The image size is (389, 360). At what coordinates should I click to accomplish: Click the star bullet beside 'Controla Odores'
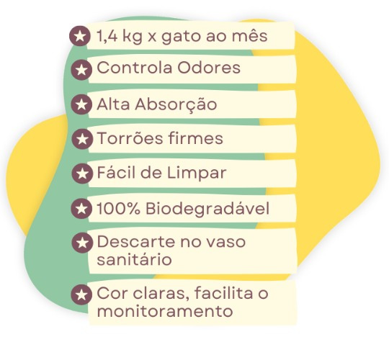pos(81,70)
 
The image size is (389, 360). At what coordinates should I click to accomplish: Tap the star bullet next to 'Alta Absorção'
pos(81,104)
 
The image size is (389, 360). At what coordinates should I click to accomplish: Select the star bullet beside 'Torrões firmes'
pos(81,139)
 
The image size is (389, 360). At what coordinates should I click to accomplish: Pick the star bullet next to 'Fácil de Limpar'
pos(81,174)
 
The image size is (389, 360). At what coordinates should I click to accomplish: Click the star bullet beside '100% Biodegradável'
pos(81,209)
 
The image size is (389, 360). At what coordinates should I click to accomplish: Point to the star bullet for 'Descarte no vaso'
pos(81,243)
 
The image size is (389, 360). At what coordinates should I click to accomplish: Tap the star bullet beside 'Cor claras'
pos(81,294)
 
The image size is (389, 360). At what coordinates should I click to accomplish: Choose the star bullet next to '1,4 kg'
pos(79,36)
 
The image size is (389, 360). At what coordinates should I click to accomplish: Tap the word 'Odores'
pos(209,68)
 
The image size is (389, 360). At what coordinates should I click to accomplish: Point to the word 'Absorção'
pos(176,104)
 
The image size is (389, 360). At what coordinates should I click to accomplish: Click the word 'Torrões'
pos(130,138)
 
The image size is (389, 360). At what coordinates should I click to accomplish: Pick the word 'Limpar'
pos(197,174)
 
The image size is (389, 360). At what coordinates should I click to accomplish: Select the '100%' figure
pos(118,208)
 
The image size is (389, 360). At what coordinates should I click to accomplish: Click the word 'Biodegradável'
pos(207,209)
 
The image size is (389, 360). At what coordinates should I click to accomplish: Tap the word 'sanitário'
pos(134,259)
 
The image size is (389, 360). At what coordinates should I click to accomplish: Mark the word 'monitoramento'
pos(165,311)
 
